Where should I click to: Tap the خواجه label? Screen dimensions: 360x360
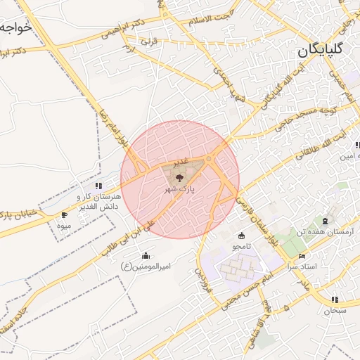click(15, 28)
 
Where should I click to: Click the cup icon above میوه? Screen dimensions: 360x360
click(65, 214)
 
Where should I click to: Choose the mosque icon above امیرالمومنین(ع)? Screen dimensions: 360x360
click(146, 255)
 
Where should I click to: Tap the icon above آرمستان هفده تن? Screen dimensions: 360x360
click(325, 220)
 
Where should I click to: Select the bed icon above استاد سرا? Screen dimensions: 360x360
click(302, 256)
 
